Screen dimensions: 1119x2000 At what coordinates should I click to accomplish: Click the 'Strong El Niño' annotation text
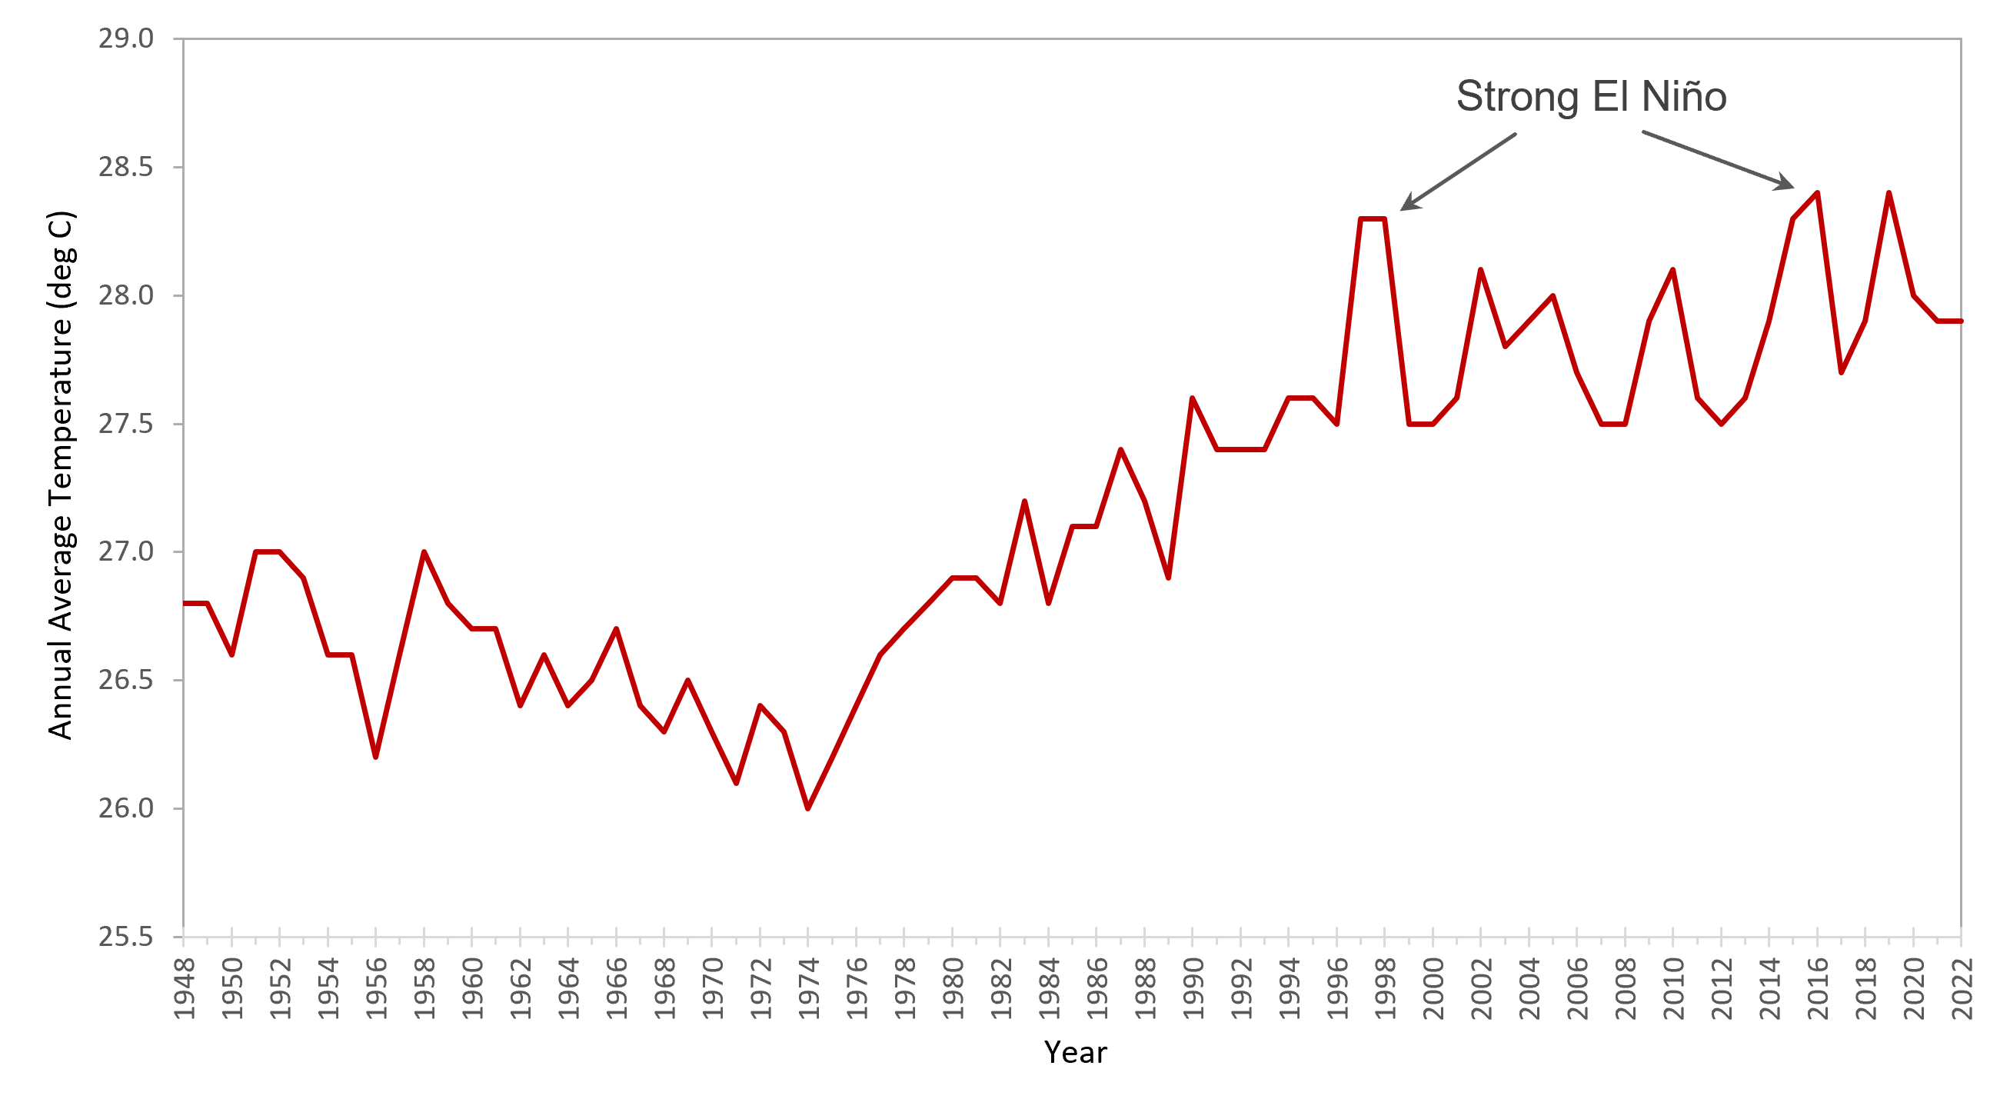pos(1591,97)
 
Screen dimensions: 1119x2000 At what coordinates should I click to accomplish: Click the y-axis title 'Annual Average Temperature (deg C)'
pos(61,475)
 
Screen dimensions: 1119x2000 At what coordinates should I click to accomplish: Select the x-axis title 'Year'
pos(1074,1052)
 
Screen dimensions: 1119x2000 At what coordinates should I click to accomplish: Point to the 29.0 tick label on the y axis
pos(126,38)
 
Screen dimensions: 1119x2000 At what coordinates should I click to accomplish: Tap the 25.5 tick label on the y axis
pos(126,937)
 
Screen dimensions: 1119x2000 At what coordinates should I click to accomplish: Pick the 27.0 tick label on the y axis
pos(126,551)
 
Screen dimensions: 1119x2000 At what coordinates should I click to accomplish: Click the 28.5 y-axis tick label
pos(126,167)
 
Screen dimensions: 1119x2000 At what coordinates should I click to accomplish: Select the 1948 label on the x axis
pos(184,988)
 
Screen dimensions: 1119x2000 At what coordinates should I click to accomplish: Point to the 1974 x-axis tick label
pos(809,988)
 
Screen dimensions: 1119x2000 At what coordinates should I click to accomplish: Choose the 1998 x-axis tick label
pos(1385,988)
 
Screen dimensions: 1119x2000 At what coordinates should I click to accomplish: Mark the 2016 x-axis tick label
pos(1818,988)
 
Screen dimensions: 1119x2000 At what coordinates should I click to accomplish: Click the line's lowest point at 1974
pos(808,808)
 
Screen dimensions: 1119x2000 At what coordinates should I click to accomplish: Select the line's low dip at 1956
pos(376,756)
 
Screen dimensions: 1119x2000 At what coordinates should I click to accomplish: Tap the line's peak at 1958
pos(424,552)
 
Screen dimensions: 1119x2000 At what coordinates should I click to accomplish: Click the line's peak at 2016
pos(1818,192)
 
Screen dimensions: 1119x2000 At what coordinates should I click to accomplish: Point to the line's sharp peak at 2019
pos(1889,192)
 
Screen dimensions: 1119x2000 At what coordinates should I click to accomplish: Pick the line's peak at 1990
pos(1193,398)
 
